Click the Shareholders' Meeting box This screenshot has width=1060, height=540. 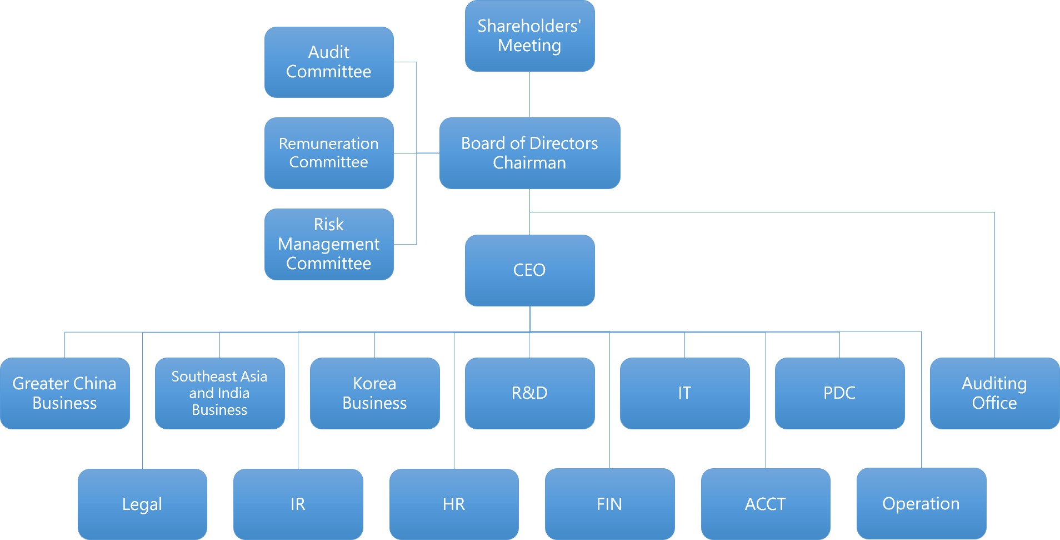tap(529, 36)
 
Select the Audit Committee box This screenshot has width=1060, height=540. tap(329, 62)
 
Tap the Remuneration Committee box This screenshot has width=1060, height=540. tap(329, 153)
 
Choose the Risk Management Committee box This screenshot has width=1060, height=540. tap(329, 244)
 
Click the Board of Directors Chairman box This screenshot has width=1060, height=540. tap(529, 153)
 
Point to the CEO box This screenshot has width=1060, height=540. tap(529, 270)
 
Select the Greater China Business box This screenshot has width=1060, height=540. tap(65, 393)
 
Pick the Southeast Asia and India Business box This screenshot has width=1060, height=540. tap(219, 393)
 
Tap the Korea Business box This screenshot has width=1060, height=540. tap(374, 393)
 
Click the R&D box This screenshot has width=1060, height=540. tap(529, 393)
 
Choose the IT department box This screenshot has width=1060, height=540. tap(684, 393)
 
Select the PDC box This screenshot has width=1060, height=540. tap(839, 393)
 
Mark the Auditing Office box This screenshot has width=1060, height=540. tap(994, 393)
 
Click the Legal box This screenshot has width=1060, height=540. tap(142, 504)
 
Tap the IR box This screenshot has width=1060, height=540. tap(298, 504)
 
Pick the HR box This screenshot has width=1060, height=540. tap(454, 504)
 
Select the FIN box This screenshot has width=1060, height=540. tap(609, 504)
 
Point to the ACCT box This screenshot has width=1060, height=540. tap(766, 504)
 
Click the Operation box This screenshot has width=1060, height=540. tap(921, 503)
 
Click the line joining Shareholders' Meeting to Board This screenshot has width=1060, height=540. tap(529, 95)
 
